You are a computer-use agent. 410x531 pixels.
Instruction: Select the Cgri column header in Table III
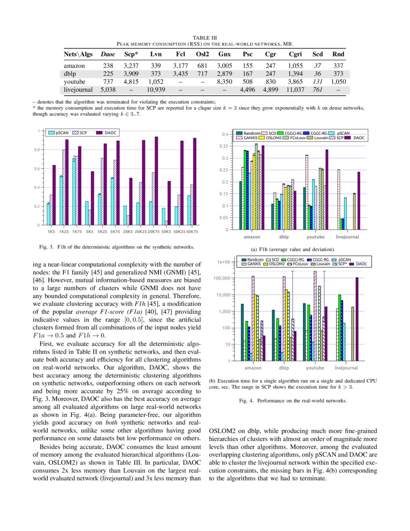[x=295, y=55]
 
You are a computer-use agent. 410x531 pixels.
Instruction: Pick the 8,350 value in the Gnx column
[x=225, y=82]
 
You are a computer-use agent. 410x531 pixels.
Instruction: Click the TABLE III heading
[x=205, y=37]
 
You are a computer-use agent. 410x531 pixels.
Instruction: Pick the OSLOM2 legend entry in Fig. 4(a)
[x=273, y=138]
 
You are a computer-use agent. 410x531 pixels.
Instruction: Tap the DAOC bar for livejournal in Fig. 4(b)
[x=357, y=319]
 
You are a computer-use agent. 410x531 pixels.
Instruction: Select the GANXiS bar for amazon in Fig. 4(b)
[x=253, y=319]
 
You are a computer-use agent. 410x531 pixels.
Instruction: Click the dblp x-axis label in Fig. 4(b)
[x=284, y=368]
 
